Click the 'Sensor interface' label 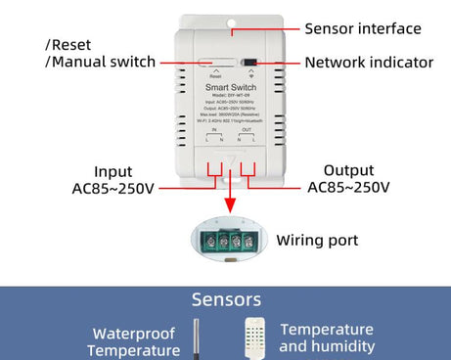click(x=362, y=29)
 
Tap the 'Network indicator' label click(x=368, y=63)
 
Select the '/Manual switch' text click(x=100, y=63)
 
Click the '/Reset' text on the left click(x=68, y=45)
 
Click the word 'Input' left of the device click(x=113, y=171)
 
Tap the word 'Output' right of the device click(x=348, y=170)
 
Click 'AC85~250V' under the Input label click(x=113, y=188)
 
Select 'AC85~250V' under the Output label click(x=348, y=187)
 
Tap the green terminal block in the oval click(x=225, y=240)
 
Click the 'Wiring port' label click(x=317, y=240)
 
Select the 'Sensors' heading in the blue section click(x=226, y=300)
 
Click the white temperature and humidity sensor click(x=255, y=338)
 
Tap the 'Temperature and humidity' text click(x=327, y=337)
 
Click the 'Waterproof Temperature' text click(x=133, y=342)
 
